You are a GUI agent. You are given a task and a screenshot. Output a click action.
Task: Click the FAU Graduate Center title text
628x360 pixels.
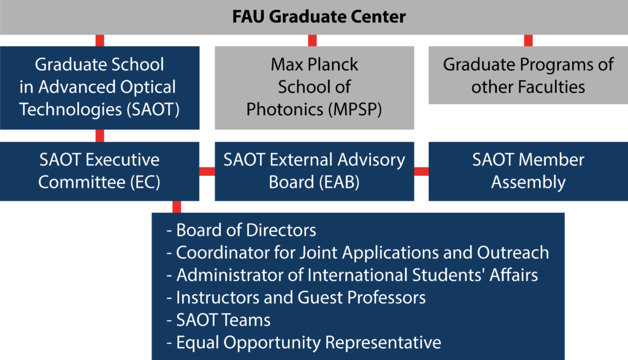pyautogui.click(x=319, y=17)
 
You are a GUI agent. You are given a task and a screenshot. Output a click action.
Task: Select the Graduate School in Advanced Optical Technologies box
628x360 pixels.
pyautogui.click(x=100, y=88)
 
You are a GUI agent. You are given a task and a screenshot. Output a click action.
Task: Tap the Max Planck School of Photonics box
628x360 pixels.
pyautogui.click(x=315, y=88)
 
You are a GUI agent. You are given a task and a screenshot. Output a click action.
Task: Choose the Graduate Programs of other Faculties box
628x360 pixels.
pyautogui.click(x=528, y=75)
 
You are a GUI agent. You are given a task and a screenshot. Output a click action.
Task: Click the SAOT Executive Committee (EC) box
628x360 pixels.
pyautogui.click(x=100, y=171)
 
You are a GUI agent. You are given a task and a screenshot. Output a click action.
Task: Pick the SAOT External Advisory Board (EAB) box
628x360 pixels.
pyautogui.click(x=315, y=171)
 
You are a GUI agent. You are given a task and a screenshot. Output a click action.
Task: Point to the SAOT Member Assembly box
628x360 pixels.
pyautogui.click(x=528, y=171)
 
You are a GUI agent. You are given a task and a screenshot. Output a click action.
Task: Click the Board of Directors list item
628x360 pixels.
pyautogui.click(x=241, y=230)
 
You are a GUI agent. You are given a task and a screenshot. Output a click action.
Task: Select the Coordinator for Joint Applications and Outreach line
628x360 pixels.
pyautogui.click(x=358, y=253)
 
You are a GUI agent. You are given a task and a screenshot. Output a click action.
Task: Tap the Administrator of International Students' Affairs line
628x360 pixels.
pyautogui.click(x=352, y=275)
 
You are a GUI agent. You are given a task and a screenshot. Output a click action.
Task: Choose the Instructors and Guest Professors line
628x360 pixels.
pyautogui.click(x=296, y=297)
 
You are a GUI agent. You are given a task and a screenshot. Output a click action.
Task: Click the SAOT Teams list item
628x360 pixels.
pyautogui.click(x=218, y=320)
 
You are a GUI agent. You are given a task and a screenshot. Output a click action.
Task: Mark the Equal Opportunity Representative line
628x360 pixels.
pyautogui.click(x=304, y=343)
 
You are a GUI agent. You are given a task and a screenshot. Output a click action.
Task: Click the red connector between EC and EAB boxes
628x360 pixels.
pyautogui.click(x=207, y=171)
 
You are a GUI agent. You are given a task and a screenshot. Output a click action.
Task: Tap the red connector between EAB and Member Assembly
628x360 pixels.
pyautogui.click(x=421, y=171)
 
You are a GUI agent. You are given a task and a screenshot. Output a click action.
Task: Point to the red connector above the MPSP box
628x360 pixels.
pyautogui.click(x=312, y=40)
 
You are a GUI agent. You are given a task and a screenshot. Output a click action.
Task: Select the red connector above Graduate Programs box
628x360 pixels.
pyautogui.click(x=528, y=40)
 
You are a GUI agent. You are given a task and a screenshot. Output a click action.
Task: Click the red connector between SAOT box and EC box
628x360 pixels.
pyautogui.click(x=100, y=136)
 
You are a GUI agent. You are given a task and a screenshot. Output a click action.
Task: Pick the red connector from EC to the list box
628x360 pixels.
pyautogui.click(x=177, y=207)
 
